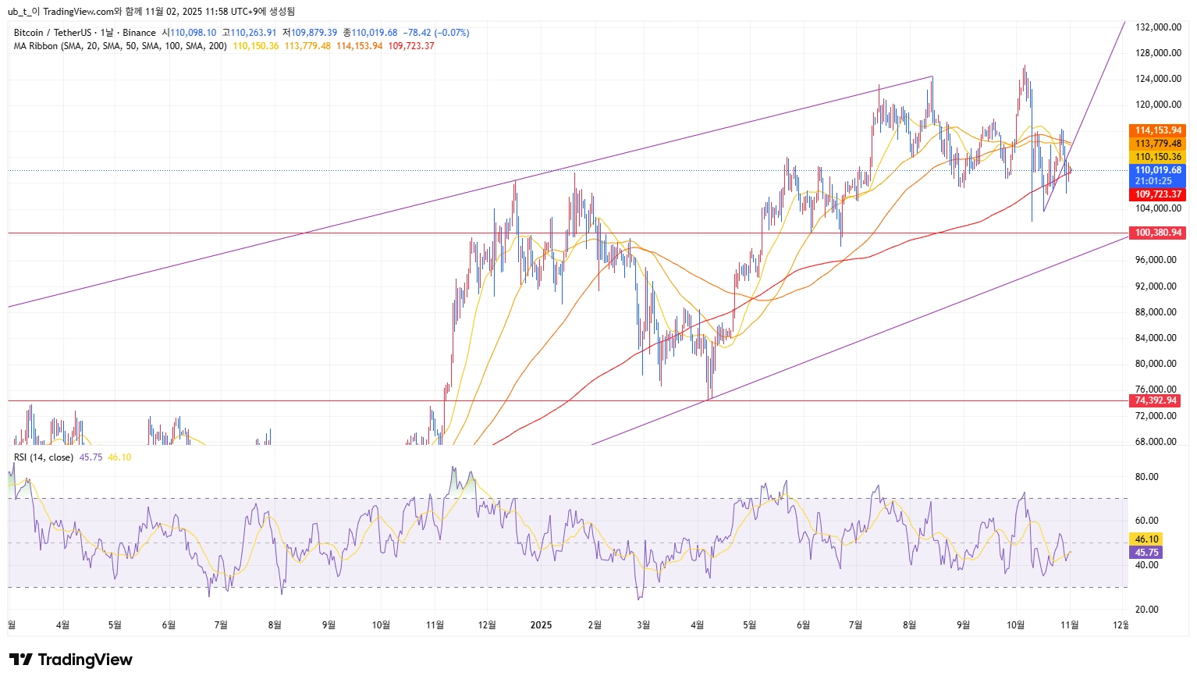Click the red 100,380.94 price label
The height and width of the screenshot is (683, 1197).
(1158, 233)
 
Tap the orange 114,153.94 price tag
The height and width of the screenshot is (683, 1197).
(1158, 130)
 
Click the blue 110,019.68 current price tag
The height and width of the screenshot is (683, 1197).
(1158, 170)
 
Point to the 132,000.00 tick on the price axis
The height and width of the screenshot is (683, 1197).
(1158, 27)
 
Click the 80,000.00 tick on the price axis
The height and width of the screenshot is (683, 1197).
(1156, 364)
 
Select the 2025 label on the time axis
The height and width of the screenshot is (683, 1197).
(541, 625)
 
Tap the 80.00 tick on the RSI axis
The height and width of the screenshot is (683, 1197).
(1146, 477)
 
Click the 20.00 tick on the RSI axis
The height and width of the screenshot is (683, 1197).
(1146, 610)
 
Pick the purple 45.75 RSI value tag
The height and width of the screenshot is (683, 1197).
(1146, 553)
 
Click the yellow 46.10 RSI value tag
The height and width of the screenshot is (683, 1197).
(1146, 539)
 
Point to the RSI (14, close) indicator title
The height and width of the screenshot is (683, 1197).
(44, 457)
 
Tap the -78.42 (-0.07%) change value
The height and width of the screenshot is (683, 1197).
(436, 33)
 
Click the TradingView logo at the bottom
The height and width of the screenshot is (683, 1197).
(71, 660)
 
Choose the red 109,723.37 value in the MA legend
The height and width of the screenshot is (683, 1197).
(411, 46)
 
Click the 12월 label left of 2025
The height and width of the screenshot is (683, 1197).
(487, 625)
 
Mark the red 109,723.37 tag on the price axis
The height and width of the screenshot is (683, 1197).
(1158, 194)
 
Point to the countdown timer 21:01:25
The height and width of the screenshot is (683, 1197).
(1153, 181)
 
